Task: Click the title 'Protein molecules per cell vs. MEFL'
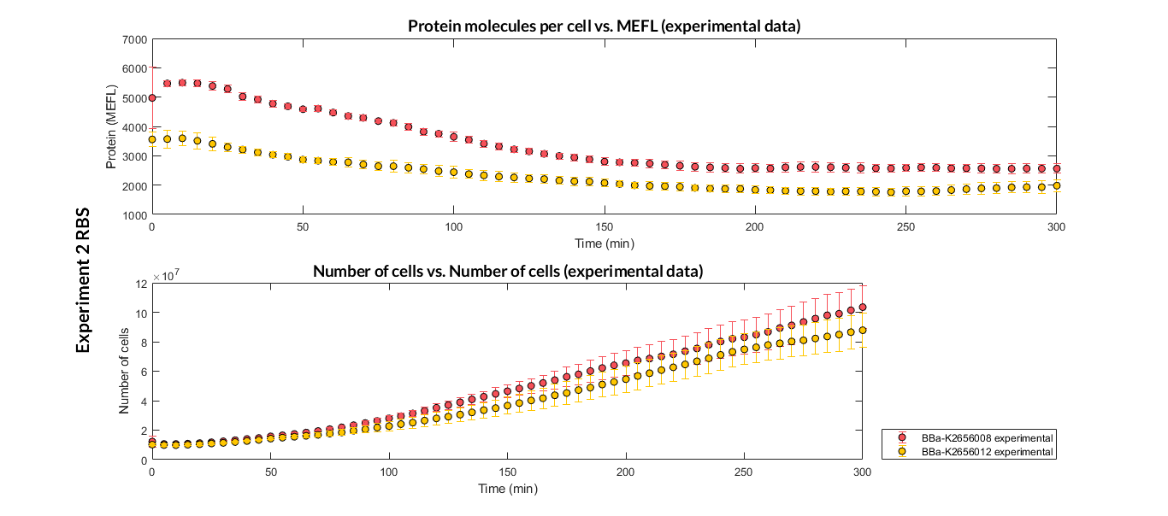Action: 604,26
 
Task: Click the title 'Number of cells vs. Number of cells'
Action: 508,272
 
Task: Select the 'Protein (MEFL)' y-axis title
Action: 111,126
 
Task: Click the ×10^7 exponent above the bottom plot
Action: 166,277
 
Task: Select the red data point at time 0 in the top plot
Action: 152,97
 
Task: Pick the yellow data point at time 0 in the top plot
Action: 152,139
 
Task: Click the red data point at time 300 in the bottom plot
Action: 862,308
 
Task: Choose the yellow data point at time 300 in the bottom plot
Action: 862,331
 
